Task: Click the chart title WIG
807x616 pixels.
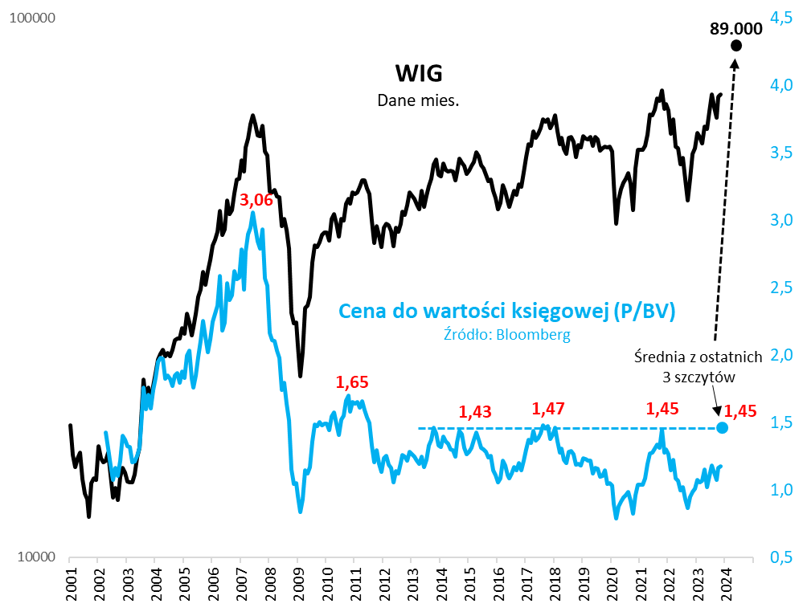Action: tap(418, 74)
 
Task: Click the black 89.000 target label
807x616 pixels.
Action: tap(735, 29)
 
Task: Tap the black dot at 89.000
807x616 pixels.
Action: tap(735, 45)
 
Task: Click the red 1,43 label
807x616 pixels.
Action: tap(476, 411)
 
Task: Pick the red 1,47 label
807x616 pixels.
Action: tap(550, 408)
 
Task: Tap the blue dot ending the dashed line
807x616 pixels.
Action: tap(722, 427)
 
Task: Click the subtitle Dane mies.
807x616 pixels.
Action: tap(418, 100)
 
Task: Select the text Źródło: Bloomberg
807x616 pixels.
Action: tap(507, 335)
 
